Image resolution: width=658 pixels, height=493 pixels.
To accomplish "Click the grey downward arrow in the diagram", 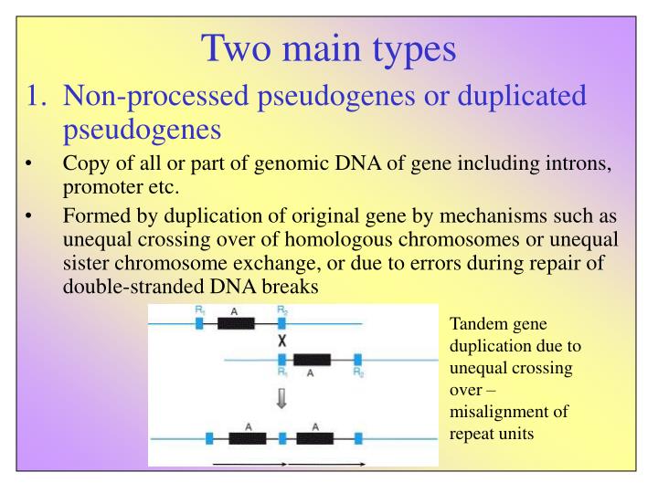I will coord(282,397).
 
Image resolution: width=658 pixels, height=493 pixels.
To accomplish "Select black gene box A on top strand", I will coord(236,323).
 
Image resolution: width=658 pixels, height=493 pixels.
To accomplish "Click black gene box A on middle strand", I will coord(312,359).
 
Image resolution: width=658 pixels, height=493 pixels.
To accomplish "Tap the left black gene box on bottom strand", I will coord(247,438).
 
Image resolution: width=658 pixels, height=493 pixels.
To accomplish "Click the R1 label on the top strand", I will coord(199,310).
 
